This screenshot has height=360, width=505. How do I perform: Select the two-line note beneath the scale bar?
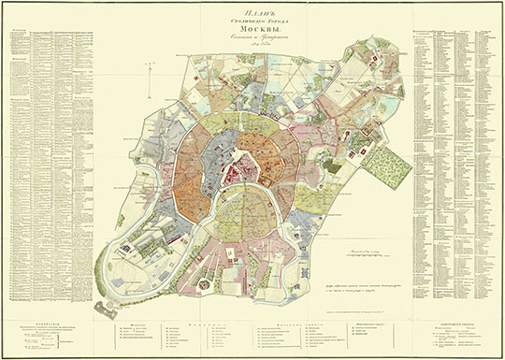[368, 278]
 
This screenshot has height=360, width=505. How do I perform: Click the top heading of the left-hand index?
[20, 29]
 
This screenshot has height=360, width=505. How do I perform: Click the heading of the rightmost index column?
[482, 29]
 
